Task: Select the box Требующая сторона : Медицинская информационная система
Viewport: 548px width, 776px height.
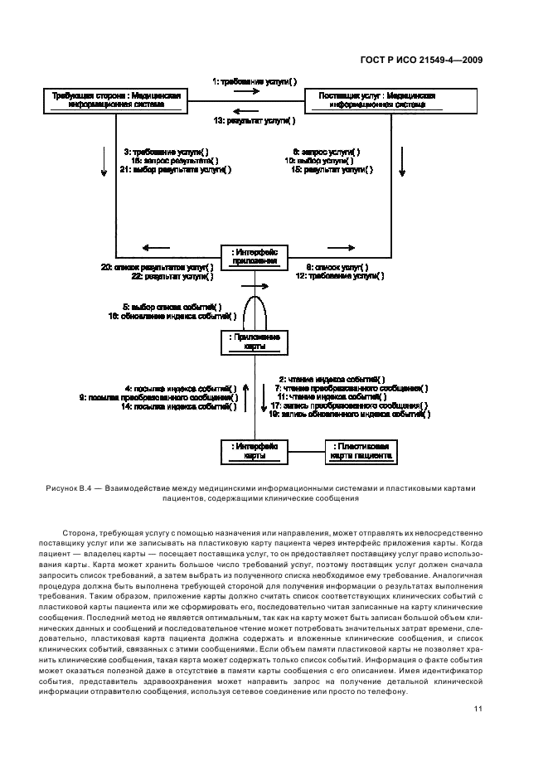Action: click(116, 100)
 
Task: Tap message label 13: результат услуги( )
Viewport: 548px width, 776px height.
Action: click(255, 120)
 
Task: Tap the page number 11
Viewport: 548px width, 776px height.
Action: click(478, 708)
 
